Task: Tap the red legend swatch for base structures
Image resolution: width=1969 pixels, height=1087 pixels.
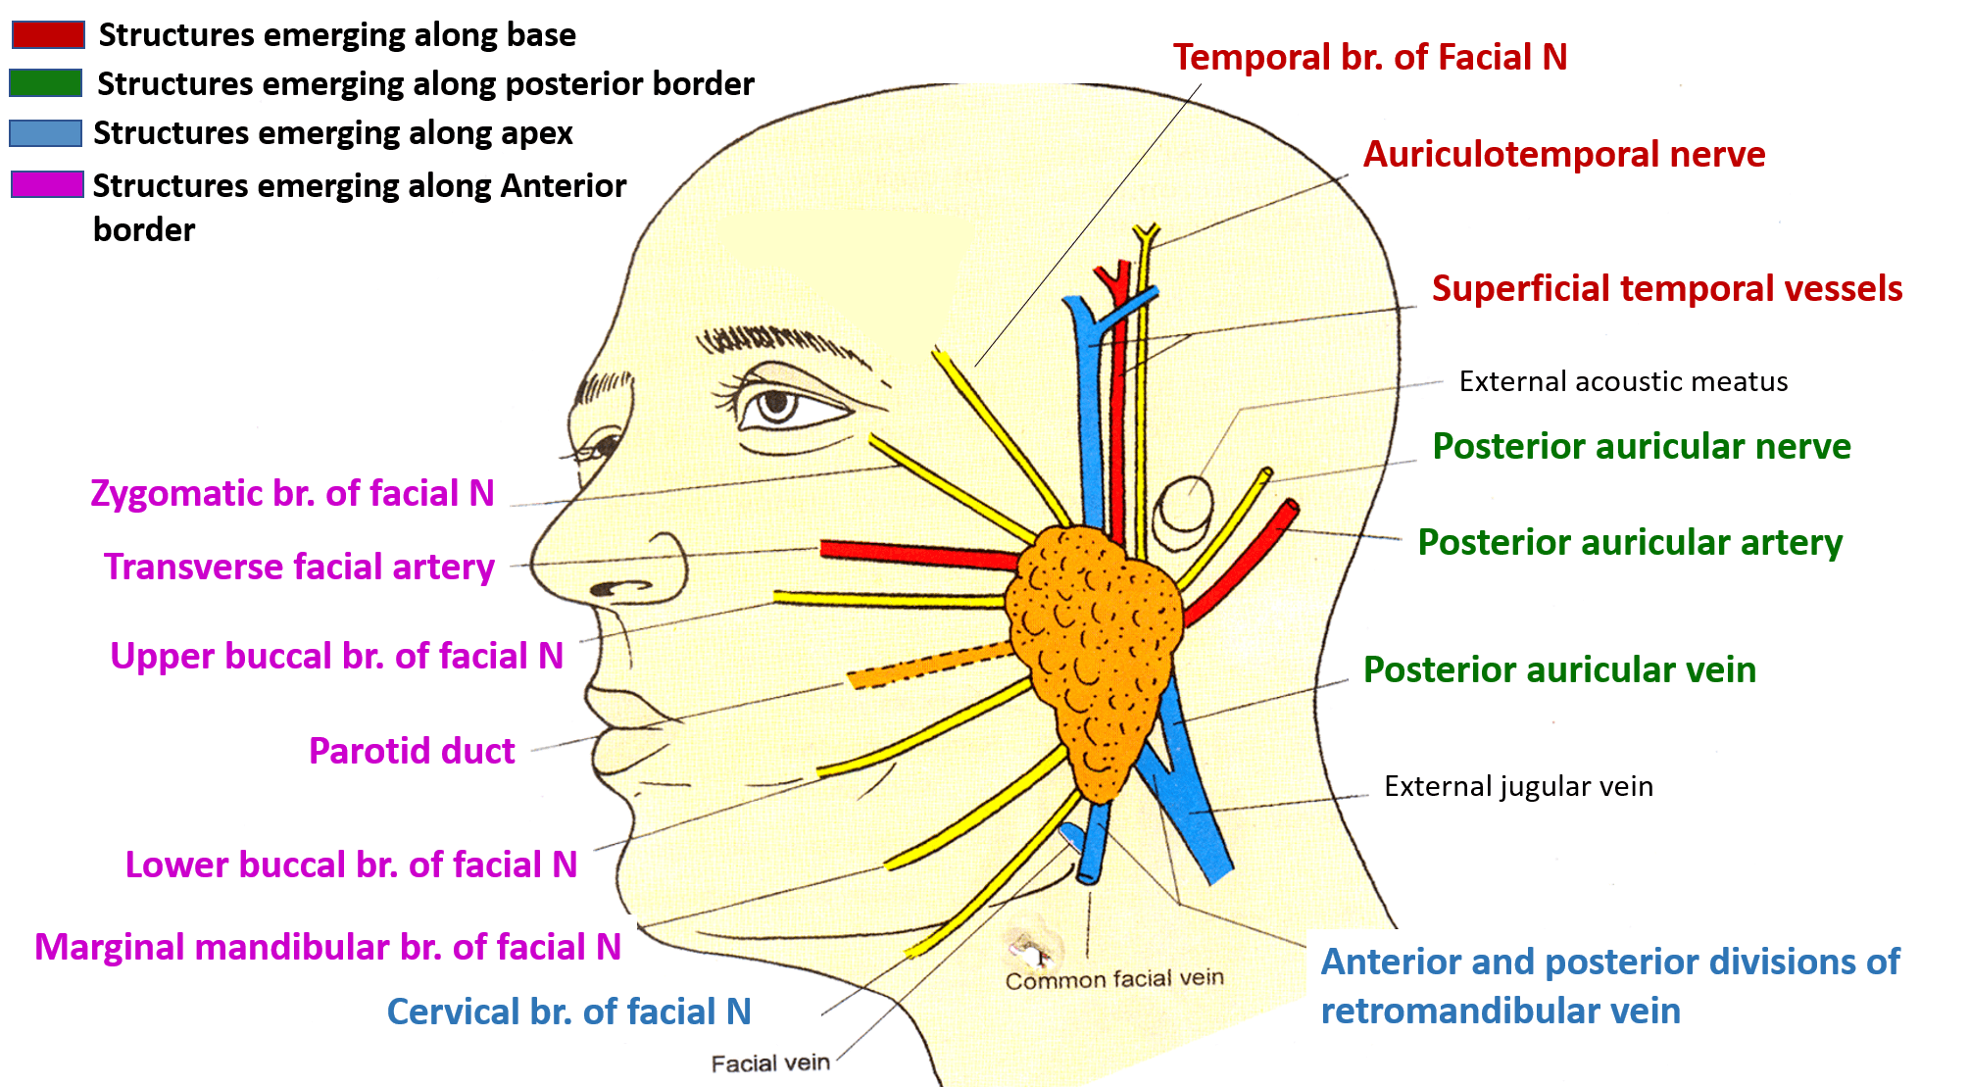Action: [x=48, y=35]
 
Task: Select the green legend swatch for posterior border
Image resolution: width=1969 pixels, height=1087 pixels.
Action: [x=45, y=83]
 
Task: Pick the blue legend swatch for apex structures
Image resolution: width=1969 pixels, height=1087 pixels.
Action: [x=45, y=133]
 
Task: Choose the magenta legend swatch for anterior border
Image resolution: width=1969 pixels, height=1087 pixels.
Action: [x=47, y=184]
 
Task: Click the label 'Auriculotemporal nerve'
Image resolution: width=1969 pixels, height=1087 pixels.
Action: [x=1563, y=154]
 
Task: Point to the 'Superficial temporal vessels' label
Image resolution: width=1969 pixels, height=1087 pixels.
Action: [x=1666, y=288]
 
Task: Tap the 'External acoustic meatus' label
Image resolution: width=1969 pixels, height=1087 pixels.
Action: [x=1623, y=381]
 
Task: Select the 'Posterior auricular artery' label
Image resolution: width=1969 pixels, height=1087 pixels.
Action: [x=1630, y=542]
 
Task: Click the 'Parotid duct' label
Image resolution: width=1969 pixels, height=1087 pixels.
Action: [x=412, y=751]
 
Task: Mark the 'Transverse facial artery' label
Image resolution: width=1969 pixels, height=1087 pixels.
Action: [x=299, y=567]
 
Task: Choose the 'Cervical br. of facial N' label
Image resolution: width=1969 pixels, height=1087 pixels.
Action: [x=568, y=1012]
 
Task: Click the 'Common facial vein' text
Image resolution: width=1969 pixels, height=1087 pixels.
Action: [x=1114, y=979]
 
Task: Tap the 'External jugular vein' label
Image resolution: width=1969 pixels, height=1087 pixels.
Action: [x=1518, y=786]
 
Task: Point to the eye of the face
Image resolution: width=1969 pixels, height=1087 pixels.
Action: [x=779, y=404]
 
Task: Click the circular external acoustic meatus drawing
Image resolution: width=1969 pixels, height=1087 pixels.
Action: [x=1183, y=510]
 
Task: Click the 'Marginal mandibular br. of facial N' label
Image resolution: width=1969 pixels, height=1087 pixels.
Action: [x=327, y=947]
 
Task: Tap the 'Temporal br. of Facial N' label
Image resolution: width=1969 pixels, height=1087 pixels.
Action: [x=1369, y=57]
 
